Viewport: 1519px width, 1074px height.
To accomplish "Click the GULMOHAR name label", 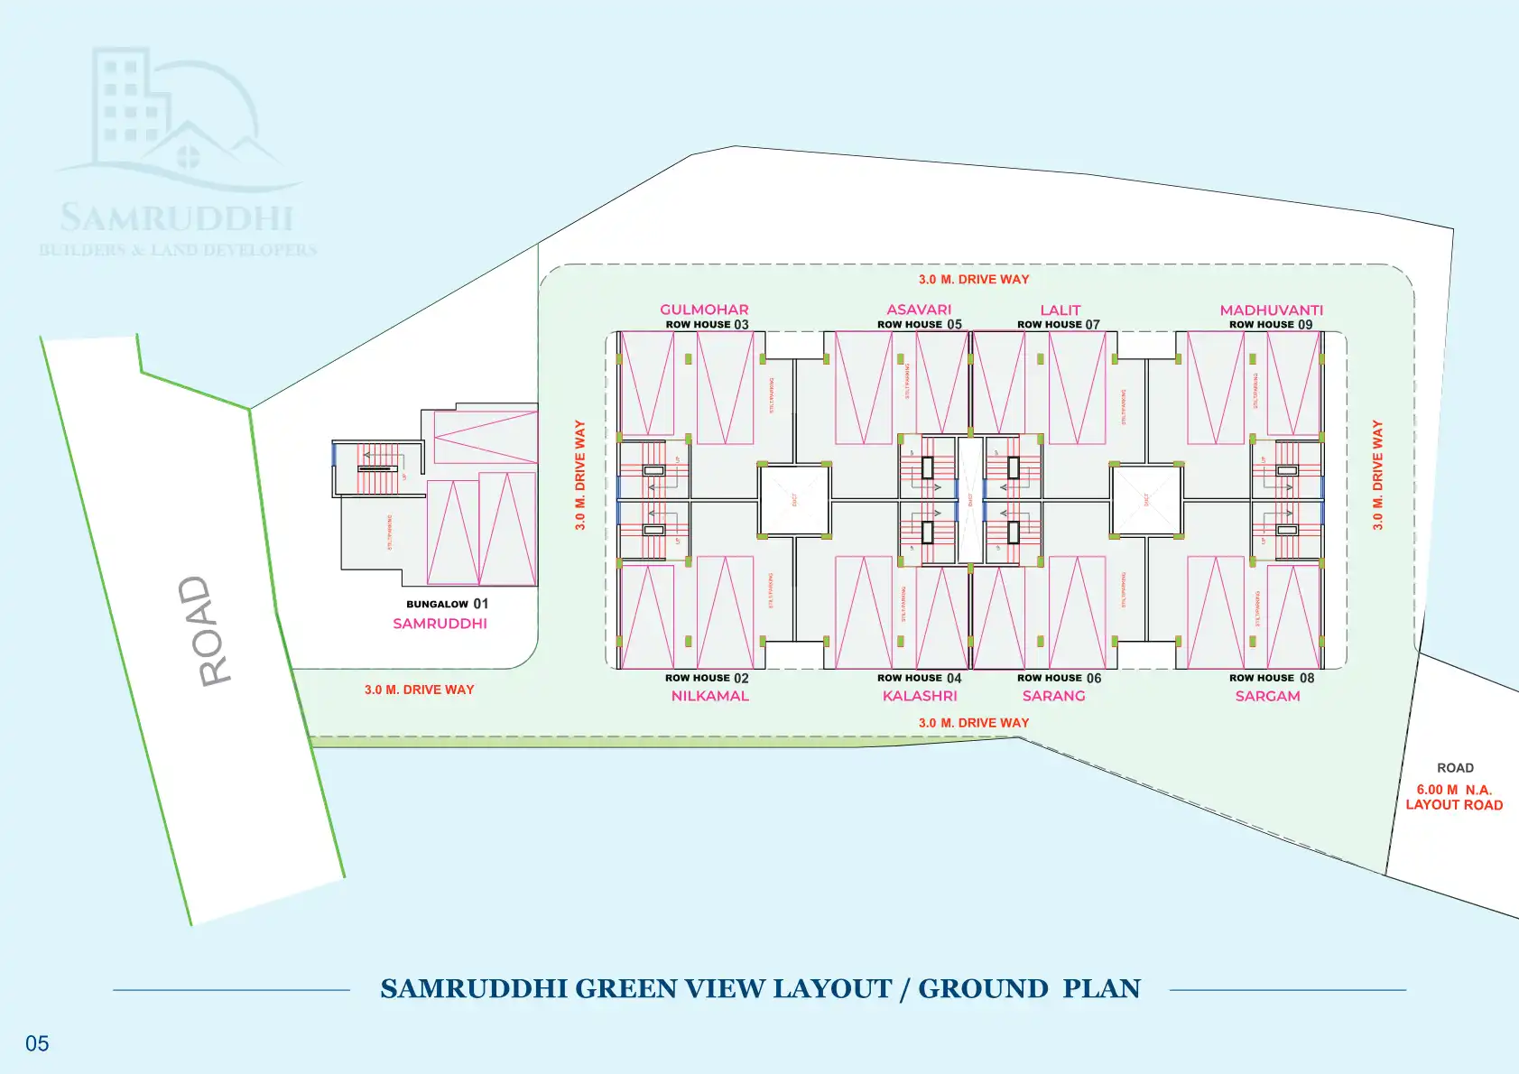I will pos(704,310).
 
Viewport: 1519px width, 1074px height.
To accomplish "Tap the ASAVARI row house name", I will pos(919,310).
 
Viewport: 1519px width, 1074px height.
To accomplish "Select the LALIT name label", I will pos(1060,310).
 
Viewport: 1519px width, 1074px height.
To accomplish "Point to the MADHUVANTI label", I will pos(1271,310).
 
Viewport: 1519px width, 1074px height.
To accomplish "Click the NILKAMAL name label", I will pos(709,696).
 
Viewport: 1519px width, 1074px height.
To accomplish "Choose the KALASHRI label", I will pos(920,696).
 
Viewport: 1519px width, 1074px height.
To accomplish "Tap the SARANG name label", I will pos(1053,696).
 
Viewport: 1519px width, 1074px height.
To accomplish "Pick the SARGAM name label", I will pos(1267,696).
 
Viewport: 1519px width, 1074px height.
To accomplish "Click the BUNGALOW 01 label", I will pos(447,604).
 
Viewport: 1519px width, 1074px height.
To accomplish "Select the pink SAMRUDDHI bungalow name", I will pos(440,624).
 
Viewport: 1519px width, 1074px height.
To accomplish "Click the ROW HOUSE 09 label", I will pos(1271,324).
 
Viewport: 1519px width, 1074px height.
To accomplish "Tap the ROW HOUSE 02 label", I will pos(707,678).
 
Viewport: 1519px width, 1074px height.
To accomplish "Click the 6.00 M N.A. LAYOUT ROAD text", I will pos(1454,797).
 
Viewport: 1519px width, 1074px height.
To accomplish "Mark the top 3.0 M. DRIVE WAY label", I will pos(974,280).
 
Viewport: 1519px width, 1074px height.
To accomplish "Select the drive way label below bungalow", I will pos(419,690).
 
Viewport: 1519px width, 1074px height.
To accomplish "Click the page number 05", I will pos(37,1043).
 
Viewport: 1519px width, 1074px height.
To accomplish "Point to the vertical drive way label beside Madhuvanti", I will pos(1377,475).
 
